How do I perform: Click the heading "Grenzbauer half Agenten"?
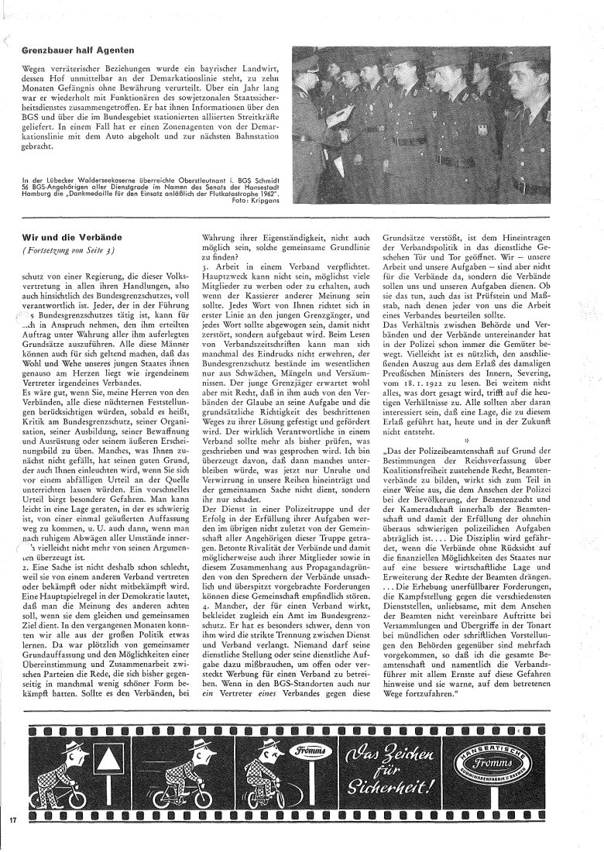coord(74,50)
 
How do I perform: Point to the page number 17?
coord(13,819)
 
